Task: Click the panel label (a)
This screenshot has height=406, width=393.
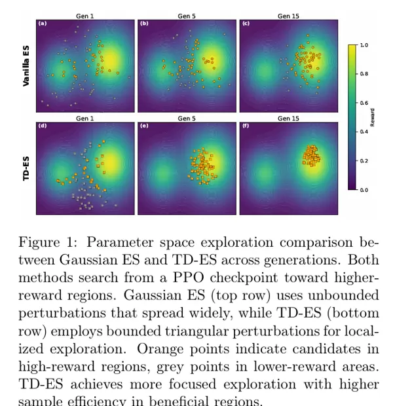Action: coord(43,24)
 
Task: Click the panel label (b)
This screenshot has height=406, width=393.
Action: coord(144,24)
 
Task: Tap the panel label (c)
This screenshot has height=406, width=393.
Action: coord(246,24)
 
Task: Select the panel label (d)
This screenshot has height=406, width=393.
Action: coord(43,126)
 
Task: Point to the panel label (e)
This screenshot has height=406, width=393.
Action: coord(144,126)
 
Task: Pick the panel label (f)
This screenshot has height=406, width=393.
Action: coord(246,126)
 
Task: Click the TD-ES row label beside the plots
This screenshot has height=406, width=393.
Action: coord(26,168)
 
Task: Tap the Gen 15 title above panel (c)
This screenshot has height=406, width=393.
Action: coord(288,16)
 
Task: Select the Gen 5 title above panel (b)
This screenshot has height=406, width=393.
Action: coord(187,16)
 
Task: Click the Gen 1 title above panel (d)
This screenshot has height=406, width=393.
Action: coord(85,119)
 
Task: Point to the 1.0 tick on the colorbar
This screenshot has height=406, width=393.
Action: coord(364,45)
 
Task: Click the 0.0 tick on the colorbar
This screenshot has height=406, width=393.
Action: coord(364,190)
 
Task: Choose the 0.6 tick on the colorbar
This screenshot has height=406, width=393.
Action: coord(364,103)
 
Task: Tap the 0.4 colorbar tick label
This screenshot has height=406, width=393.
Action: coord(364,132)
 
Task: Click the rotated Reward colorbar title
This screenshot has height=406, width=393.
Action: coord(374,117)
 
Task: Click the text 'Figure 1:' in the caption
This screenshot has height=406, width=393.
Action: coord(46,242)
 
